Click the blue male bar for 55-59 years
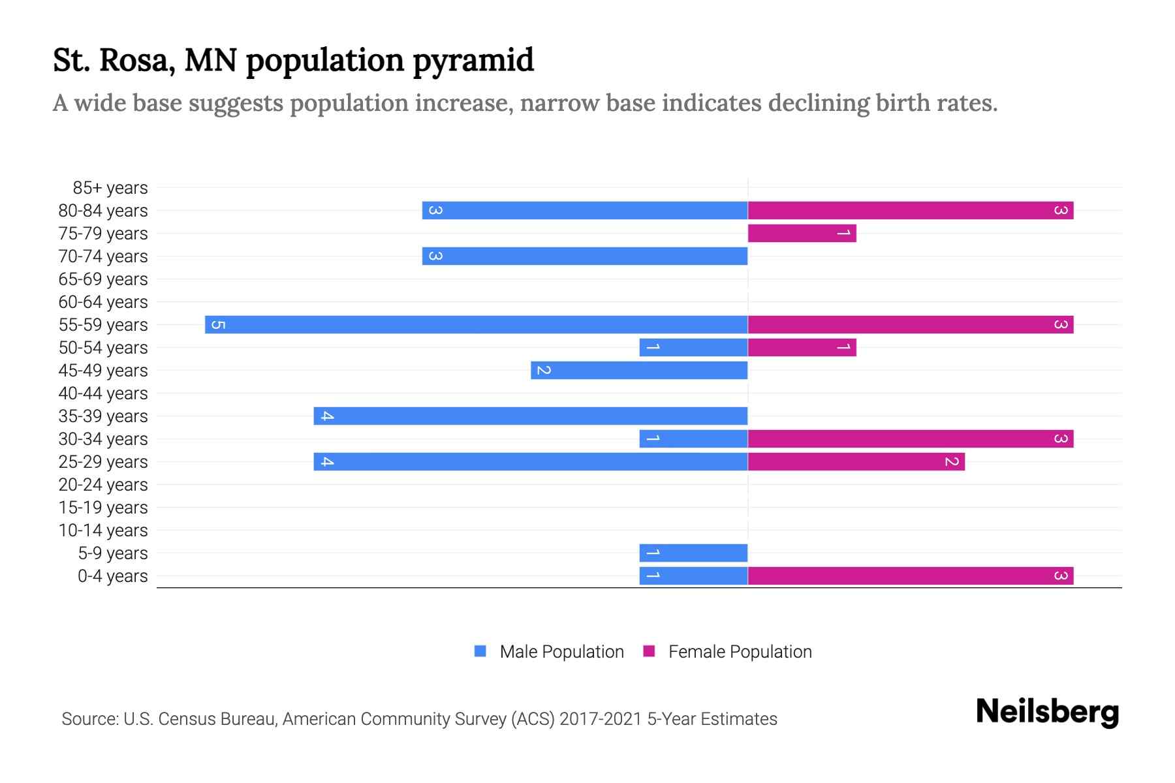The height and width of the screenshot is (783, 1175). click(x=477, y=324)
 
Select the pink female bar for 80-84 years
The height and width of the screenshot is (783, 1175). click(x=911, y=210)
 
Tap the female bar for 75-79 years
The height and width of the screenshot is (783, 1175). click(x=802, y=233)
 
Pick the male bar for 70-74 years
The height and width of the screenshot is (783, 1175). click(x=585, y=256)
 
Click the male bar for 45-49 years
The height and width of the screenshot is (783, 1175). click(x=639, y=370)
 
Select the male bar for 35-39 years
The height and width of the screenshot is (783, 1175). click(x=530, y=416)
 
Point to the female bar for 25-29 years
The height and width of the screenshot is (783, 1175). click(x=856, y=461)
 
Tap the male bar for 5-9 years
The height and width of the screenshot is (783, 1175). click(x=693, y=553)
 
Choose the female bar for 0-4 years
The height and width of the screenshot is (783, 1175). click(x=911, y=576)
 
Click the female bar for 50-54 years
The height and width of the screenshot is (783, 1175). click(x=802, y=347)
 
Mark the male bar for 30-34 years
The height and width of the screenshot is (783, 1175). click(x=693, y=438)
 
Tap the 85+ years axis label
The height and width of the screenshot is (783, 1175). click(x=110, y=188)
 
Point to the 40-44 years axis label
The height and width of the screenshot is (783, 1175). click(x=103, y=393)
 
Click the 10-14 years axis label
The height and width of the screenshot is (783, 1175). click(x=103, y=530)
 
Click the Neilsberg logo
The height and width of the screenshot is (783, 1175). click(x=1047, y=712)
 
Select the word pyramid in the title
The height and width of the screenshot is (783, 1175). click(x=473, y=61)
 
